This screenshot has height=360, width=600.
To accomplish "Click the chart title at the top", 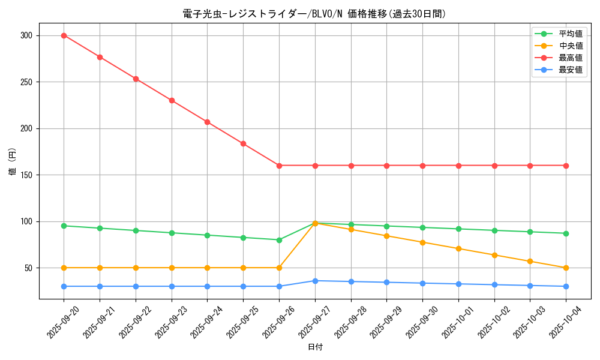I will [x=314, y=14].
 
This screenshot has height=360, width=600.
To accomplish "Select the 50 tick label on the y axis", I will [x=28, y=268].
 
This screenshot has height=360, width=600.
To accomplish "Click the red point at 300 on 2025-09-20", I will [x=64, y=35].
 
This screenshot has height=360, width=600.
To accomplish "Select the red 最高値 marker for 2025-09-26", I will [x=279, y=166].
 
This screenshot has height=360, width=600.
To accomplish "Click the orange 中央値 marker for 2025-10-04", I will [x=566, y=268].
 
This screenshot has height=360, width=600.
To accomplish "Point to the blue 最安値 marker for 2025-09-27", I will [x=315, y=281].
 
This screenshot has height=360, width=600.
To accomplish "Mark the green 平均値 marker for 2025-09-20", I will [x=64, y=226].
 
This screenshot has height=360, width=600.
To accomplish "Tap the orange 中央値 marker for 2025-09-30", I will [x=422, y=242].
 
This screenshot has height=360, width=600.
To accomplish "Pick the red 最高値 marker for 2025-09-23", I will [x=172, y=100].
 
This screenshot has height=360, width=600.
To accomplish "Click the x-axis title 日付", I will [x=315, y=347].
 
